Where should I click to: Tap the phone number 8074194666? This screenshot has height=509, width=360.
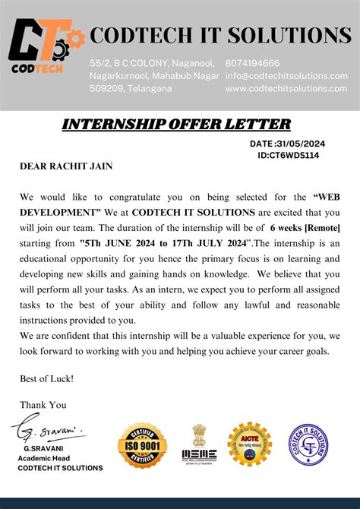[x=252, y=63]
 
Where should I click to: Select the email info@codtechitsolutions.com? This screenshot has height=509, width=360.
[x=286, y=76]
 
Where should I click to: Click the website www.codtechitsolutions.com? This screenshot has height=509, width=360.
[x=286, y=88]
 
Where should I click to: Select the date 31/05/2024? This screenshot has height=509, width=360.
[x=301, y=144]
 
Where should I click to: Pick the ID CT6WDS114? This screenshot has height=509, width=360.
[x=289, y=155]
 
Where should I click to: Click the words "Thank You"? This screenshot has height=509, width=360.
[x=43, y=405]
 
